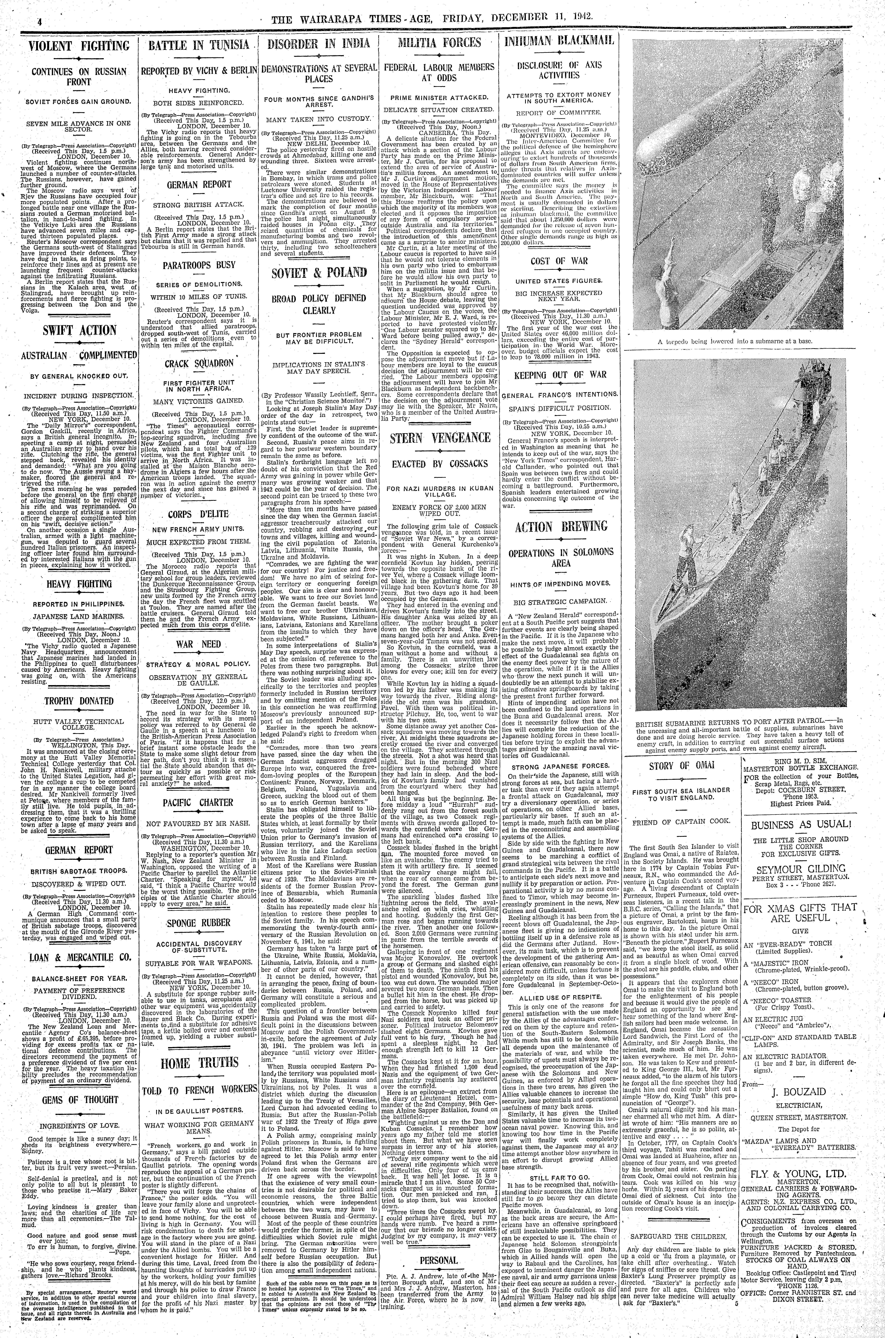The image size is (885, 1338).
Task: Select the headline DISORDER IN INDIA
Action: (319, 44)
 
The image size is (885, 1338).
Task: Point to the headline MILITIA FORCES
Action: (440, 43)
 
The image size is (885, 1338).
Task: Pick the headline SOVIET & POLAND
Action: (319, 273)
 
